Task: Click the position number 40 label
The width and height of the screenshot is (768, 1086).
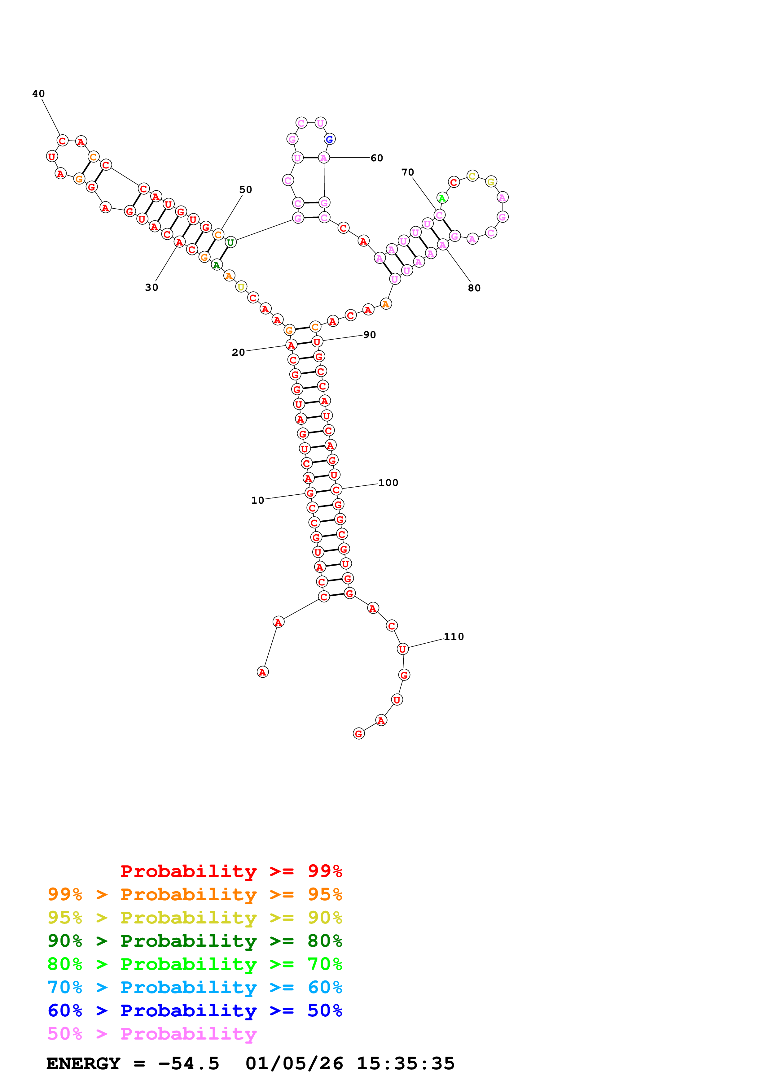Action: (38, 94)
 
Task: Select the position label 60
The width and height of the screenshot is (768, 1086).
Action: (377, 158)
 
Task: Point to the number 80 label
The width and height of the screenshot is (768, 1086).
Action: (474, 288)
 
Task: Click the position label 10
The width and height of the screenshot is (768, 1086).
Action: (257, 500)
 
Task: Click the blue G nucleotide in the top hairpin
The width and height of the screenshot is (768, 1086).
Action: (329, 139)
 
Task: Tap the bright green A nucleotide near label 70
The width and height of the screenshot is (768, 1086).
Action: (442, 198)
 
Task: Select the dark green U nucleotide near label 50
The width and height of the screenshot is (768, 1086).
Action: (230, 243)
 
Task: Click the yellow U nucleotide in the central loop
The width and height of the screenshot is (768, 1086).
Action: (241, 287)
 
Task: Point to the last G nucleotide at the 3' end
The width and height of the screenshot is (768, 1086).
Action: (359, 734)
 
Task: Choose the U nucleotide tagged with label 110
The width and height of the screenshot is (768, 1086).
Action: (402, 649)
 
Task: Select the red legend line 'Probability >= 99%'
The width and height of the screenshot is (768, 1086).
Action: (231, 871)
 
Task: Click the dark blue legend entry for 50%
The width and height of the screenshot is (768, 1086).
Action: (195, 1011)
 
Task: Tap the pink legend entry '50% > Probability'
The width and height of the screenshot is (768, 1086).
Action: (152, 1034)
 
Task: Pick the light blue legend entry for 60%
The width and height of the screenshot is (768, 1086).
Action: (195, 988)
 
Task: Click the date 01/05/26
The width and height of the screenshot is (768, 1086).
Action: (294, 1064)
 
